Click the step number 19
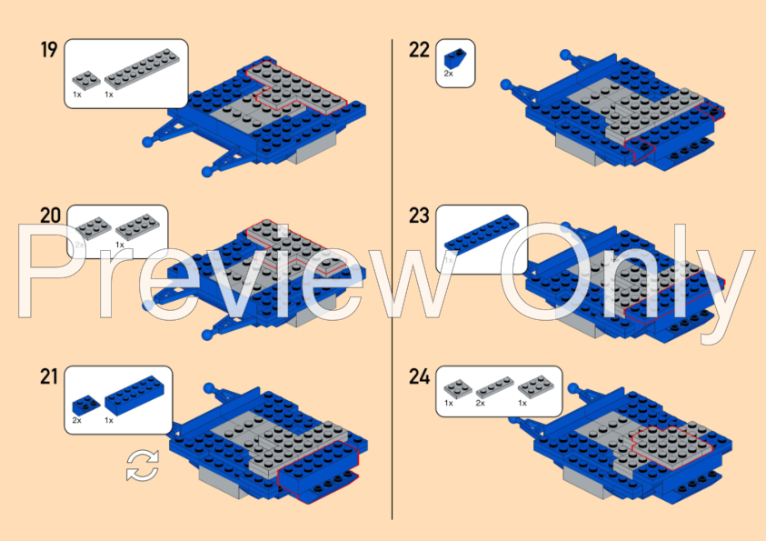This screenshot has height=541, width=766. tap(49, 49)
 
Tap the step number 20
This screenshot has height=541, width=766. tap(50, 215)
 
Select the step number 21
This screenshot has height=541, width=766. tap(49, 376)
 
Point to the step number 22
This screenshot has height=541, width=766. tap(419, 49)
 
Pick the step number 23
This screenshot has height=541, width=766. tap(419, 215)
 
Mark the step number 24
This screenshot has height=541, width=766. tap(419, 376)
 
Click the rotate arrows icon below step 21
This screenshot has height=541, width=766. tap(142, 466)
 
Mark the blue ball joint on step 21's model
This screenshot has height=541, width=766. tap(210, 390)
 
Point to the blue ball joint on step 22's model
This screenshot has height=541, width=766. tap(507, 86)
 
